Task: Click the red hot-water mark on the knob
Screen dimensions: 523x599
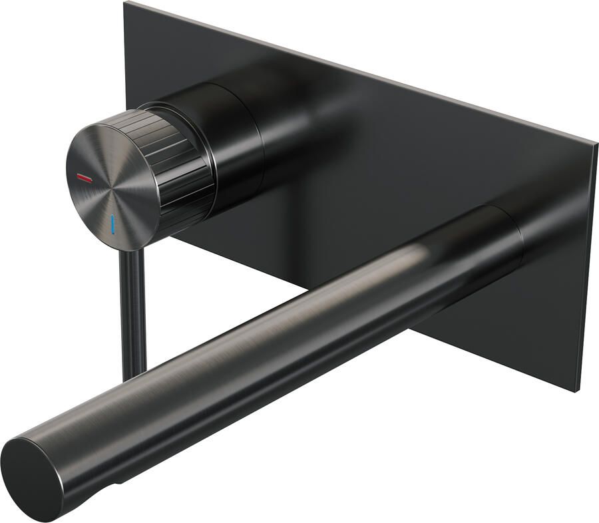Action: coord(85,178)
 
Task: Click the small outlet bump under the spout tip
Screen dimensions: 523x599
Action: coord(120,480)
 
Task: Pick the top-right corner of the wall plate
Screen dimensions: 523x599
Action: coord(595,141)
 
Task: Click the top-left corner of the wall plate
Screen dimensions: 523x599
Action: coord(126,3)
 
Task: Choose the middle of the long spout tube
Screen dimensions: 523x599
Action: coord(280,346)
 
